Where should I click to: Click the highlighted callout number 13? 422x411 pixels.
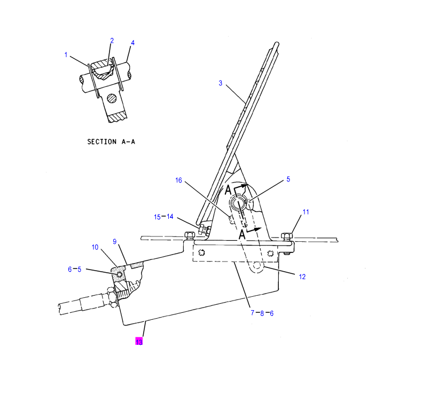139,342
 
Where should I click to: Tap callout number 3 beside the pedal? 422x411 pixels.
220,83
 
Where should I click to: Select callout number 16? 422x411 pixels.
179,180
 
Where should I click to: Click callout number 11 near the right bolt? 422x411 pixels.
306,212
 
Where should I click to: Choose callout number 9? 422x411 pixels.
114,241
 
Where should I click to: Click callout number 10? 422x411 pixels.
95,247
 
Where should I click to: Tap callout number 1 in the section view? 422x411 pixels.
66,54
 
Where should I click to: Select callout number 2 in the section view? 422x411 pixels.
112,41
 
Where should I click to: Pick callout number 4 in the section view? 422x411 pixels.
133,43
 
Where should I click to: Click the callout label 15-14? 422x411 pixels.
164,217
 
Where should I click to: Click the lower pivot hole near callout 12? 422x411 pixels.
258,266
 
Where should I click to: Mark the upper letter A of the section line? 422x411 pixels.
229,190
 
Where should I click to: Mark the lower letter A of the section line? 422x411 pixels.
242,234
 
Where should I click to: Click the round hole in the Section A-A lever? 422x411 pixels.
112,98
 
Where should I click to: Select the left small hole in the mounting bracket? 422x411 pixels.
201,252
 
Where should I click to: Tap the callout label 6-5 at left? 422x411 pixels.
74,270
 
